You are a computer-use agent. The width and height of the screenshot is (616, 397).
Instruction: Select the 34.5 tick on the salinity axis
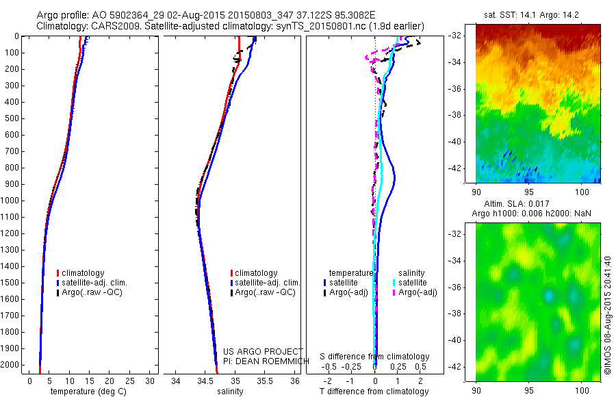(x=205, y=380)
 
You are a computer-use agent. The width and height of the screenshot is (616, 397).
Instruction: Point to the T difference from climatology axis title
(x=375, y=392)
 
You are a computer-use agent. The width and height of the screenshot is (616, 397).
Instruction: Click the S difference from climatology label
(x=375, y=357)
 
